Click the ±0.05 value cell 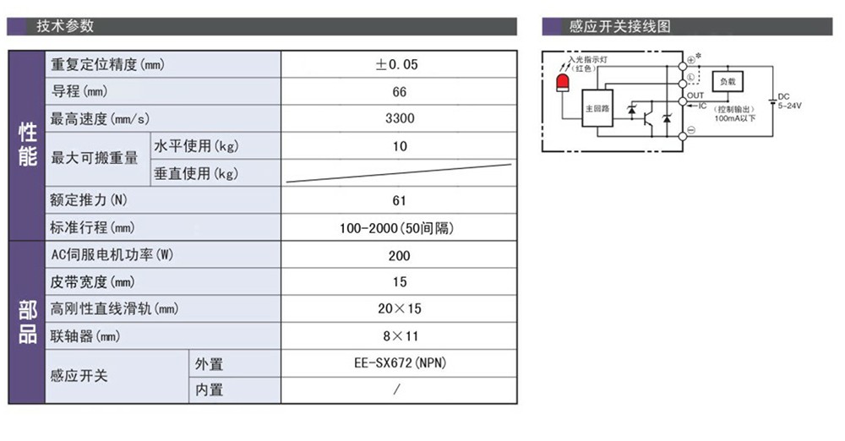point(396,65)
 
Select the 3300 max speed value point(400,118)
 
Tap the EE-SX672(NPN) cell point(400,362)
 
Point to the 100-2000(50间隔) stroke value point(396,228)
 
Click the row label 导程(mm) point(79,91)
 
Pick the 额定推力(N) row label point(89,200)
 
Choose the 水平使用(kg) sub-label point(196,145)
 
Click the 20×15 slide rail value point(400,309)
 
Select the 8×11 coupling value point(401,336)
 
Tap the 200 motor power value point(400,255)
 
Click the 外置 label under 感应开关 point(209,364)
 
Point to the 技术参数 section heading point(65,26)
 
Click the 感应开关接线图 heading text point(619,26)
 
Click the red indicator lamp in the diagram point(563,83)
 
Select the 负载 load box point(728,81)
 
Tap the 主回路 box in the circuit point(597,108)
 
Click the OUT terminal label point(695,95)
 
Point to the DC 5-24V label point(789,101)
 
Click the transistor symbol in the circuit point(649,118)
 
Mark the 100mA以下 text point(734,118)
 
